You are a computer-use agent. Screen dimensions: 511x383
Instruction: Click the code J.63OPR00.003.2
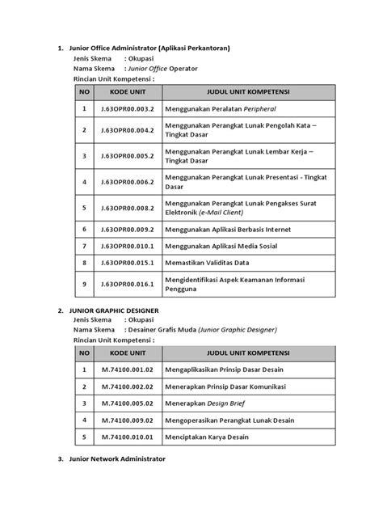click(122, 107)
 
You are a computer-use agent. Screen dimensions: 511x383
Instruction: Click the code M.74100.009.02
click(122, 420)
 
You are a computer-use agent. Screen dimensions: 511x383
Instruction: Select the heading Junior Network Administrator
click(118, 458)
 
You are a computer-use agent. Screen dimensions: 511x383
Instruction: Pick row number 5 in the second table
click(83, 437)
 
